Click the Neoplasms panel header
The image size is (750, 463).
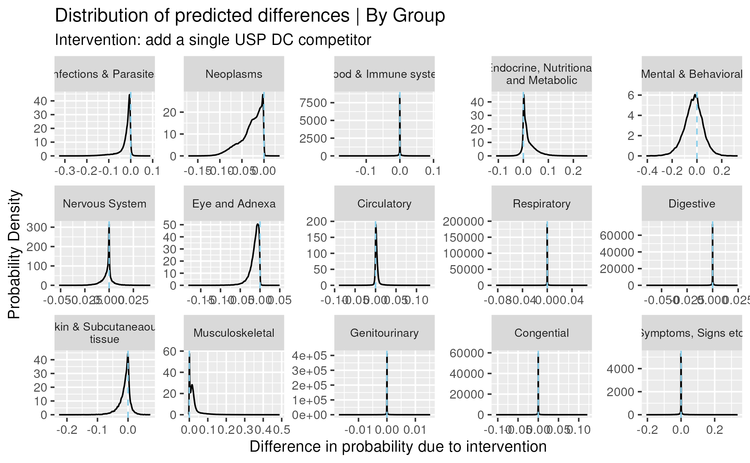pyautogui.click(x=234, y=74)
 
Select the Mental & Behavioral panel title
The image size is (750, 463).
pyautogui.click(x=692, y=74)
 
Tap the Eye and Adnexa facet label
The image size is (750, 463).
pyautogui.click(x=234, y=204)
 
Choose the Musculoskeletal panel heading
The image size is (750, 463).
pyautogui.click(x=234, y=333)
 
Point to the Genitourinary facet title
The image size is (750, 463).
pyautogui.click(x=384, y=333)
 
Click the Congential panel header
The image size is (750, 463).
pyautogui.click(x=541, y=333)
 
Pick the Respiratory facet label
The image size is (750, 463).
pyautogui.click(x=541, y=204)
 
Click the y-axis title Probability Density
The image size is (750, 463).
pyautogui.click(x=14, y=254)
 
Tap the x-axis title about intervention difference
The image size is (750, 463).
pyautogui.click(x=398, y=447)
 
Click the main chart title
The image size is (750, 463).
pyautogui.click(x=250, y=16)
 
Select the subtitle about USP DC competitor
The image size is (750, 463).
pyautogui.click(x=213, y=40)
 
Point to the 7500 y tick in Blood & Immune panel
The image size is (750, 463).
pyautogui.click(x=313, y=103)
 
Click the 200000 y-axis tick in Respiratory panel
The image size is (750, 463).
pyautogui.click(x=463, y=222)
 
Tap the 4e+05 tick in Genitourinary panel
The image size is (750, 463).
pyautogui.click(x=309, y=356)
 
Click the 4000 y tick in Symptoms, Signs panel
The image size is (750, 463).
pyautogui.click(x=620, y=369)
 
